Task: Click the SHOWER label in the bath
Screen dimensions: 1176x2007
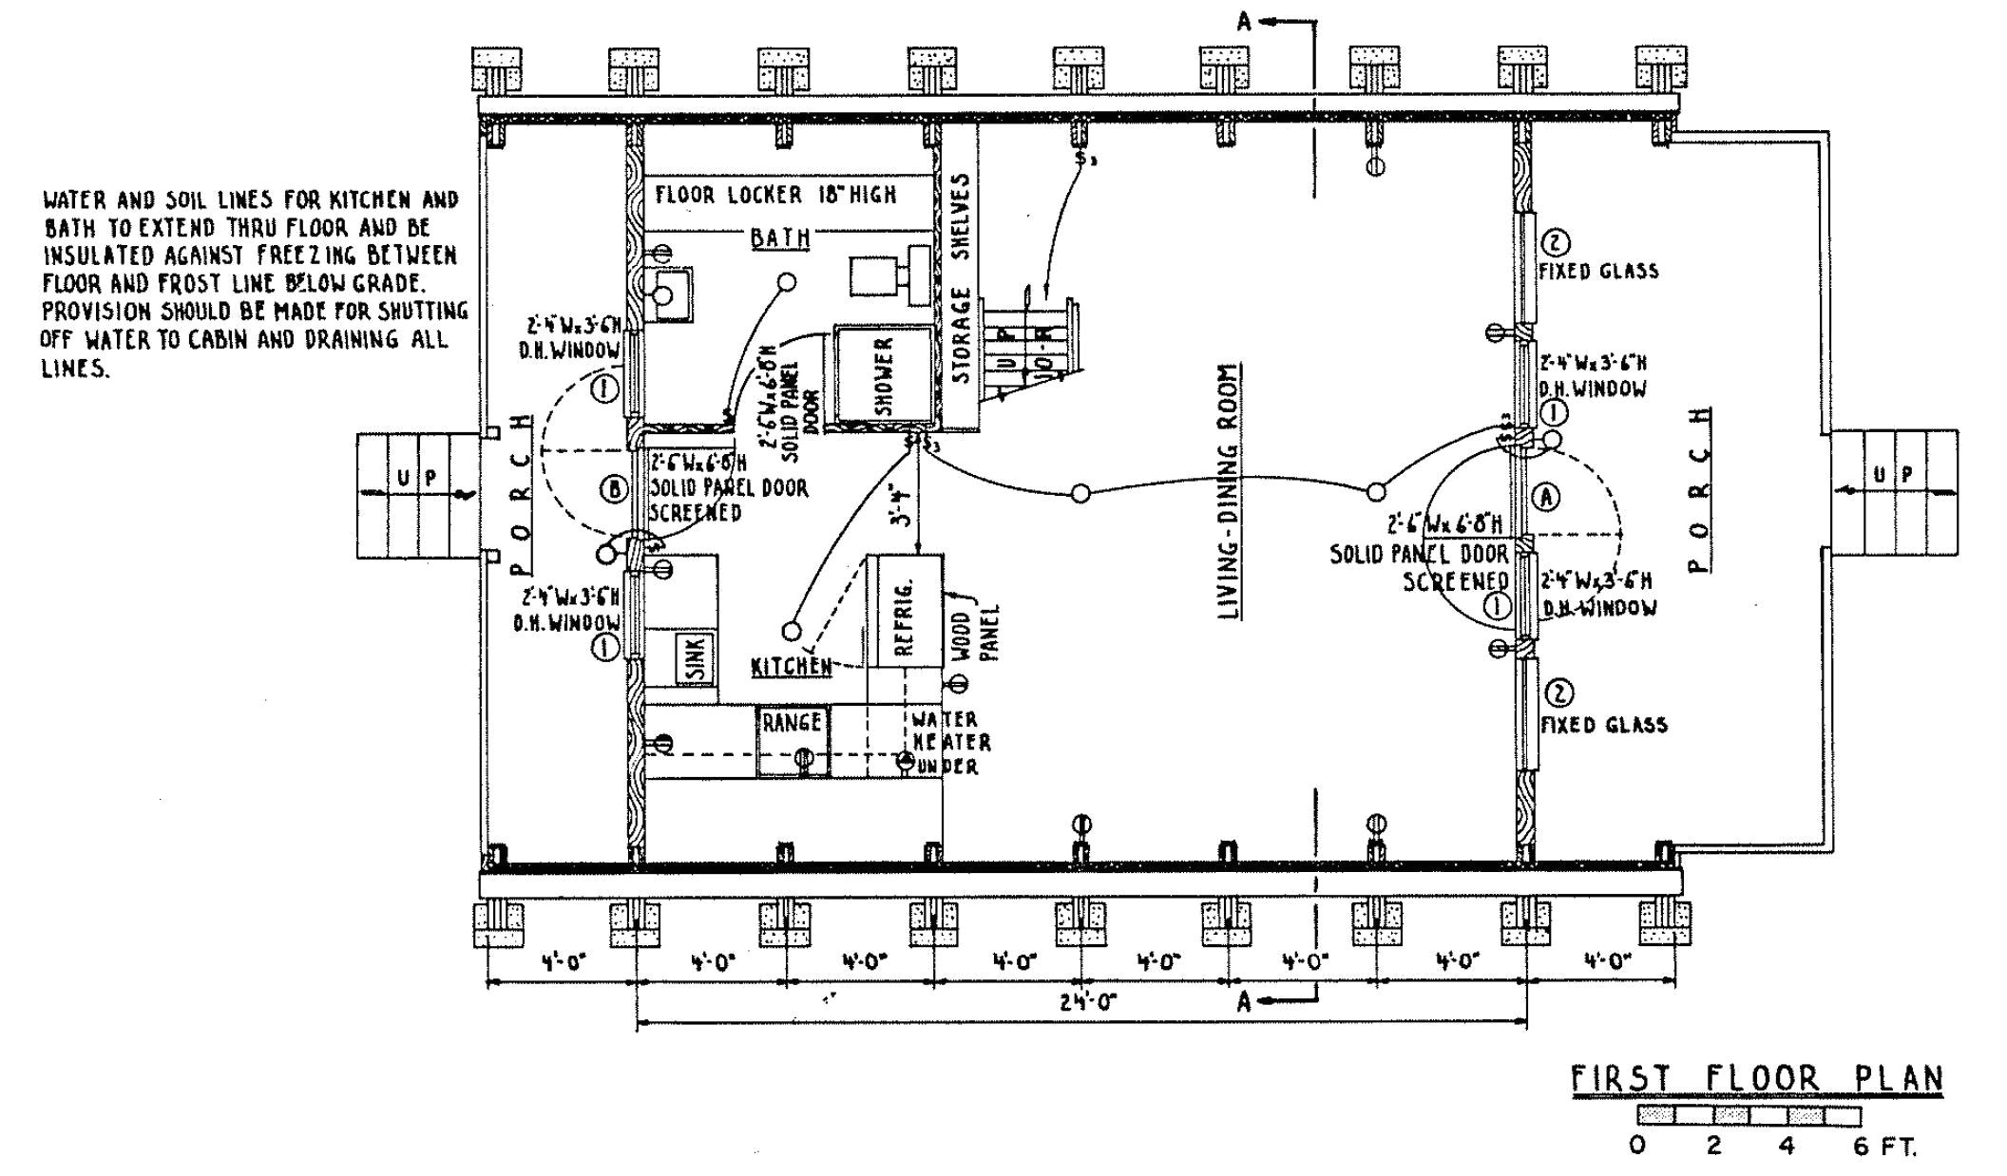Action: click(x=884, y=376)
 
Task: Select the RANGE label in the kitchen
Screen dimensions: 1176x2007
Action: click(x=792, y=722)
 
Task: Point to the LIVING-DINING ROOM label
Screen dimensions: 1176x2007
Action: click(x=1231, y=492)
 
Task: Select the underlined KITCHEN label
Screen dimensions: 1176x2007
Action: click(x=791, y=666)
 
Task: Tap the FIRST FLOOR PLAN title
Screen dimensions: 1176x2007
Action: click(x=1756, y=1079)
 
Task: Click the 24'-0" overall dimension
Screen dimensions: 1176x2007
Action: click(x=1088, y=1001)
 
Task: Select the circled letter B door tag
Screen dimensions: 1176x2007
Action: click(x=614, y=489)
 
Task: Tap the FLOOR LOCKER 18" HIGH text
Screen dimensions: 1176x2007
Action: click(x=774, y=195)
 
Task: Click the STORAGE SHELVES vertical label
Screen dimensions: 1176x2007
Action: click(x=961, y=277)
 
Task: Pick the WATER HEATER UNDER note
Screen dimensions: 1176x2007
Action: click(x=946, y=743)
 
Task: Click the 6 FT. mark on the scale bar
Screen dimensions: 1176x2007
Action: click(x=1883, y=1147)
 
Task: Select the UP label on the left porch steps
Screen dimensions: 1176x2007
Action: click(x=417, y=478)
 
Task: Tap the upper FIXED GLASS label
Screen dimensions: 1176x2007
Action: click(x=1598, y=271)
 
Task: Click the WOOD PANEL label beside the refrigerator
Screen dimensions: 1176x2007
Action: click(x=974, y=635)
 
